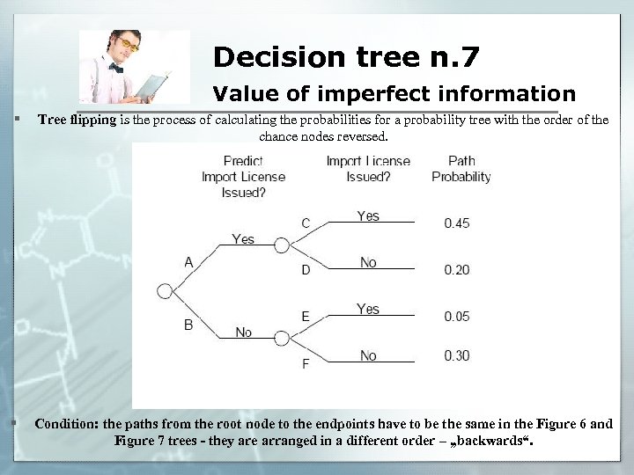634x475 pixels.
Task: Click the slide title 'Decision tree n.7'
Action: [x=346, y=57]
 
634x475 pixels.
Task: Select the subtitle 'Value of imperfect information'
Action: [x=394, y=93]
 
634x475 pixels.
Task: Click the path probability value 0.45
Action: [x=456, y=223]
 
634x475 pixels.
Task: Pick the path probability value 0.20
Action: [x=456, y=270]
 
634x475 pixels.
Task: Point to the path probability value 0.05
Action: [x=456, y=316]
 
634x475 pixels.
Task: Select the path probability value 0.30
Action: [x=456, y=355]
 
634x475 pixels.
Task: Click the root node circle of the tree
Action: [x=165, y=291]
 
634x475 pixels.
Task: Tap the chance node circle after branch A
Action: [x=282, y=245]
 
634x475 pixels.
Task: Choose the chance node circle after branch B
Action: [x=282, y=338]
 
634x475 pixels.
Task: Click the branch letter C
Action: [x=306, y=223]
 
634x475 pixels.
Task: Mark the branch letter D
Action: [x=306, y=270]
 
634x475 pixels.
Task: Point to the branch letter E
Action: [x=306, y=316]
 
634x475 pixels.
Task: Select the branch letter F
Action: [x=306, y=362]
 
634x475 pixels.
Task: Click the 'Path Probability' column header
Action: [x=461, y=168]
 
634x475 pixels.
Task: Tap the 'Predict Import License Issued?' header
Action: [x=243, y=176]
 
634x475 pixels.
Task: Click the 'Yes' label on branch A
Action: [x=243, y=238]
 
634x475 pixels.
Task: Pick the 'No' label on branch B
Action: [x=243, y=332]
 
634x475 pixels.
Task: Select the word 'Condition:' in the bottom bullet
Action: [x=67, y=424]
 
